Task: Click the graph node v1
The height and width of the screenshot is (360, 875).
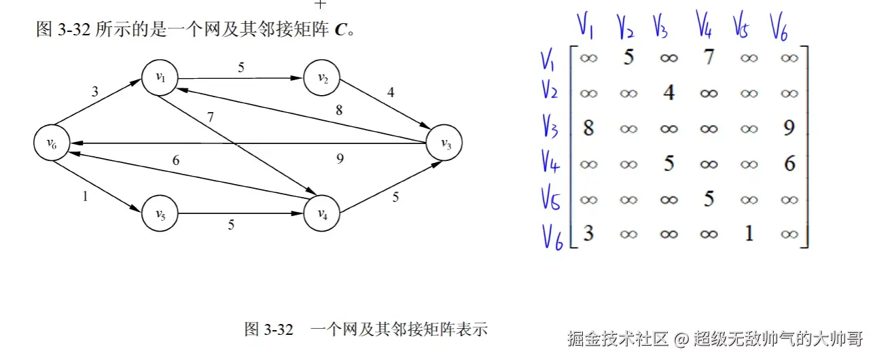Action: (160, 77)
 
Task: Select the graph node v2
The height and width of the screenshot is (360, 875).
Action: (322, 77)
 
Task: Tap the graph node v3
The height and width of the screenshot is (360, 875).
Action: (446, 143)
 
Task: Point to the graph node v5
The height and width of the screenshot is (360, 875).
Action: (160, 214)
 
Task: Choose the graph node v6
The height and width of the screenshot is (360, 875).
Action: (51, 143)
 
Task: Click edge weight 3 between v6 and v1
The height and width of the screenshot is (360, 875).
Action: (95, 92)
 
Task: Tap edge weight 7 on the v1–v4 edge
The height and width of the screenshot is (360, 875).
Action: (211, 117)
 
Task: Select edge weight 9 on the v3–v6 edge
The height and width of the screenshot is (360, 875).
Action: (340, 159)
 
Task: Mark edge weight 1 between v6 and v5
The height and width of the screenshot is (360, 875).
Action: (85, 196)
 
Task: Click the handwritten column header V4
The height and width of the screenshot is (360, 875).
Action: (704, 26)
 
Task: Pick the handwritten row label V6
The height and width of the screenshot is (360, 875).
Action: (553, 236)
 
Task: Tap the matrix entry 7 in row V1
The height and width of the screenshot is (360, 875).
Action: (709, 58)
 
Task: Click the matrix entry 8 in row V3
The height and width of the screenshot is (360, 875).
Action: (588, 128)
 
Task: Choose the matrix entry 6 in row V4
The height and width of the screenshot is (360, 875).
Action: (789, 163)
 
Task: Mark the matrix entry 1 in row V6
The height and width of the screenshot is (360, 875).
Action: (749, 234)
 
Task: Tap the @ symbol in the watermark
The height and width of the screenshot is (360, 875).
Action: (681, 338)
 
